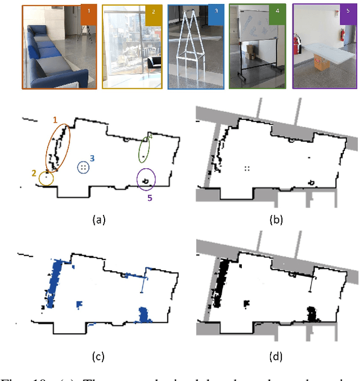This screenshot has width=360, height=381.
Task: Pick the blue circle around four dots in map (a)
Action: coord(83,168)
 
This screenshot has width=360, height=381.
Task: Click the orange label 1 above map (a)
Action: coord(55,120)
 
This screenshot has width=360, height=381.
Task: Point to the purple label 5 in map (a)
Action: coord(150,198)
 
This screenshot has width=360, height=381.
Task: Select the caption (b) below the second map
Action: coord(276,220)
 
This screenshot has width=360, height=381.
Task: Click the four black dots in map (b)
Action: coord(246,168)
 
